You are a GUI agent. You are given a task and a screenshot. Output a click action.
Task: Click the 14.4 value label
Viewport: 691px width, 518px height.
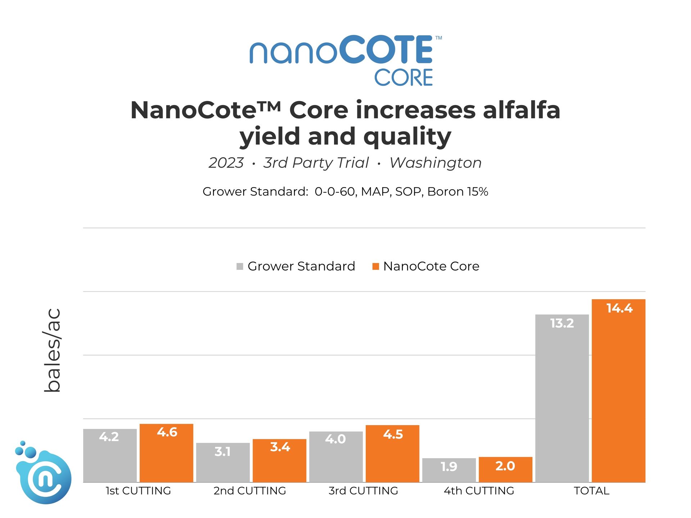pyautogui.click(x=619, y=308)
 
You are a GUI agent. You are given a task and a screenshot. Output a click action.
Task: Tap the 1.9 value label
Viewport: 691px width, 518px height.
pyautogui.click(x=449, y=467)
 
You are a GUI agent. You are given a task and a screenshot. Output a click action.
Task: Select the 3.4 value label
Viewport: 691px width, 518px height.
pyautogui.click(x=280, y=447)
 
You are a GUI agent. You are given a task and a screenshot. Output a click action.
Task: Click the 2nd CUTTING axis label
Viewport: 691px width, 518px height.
pyautogui.click(x=250, y=491)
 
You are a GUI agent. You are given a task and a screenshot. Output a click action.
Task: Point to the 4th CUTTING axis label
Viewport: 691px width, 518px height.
pyautogui.click(x=479, y=491)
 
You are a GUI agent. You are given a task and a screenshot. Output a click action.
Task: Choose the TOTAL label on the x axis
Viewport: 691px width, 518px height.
pyautogui.click(x=591, y=491)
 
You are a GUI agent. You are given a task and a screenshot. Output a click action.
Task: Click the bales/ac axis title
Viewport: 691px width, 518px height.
pyautogui.click(x=53, y=350)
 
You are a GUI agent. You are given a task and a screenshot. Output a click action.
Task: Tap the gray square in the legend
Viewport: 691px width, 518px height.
pyautogui.click(x=240, y=267)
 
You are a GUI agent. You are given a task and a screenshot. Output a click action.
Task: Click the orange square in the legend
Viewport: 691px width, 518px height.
pyautogui.click(x=376, y=267)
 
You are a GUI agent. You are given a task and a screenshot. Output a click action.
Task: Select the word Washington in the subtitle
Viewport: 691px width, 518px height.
pyautogui.click(x=435, y=163)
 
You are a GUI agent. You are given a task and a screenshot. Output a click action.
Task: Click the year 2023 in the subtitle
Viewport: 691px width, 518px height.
pyautogui.click(x=226, y=163)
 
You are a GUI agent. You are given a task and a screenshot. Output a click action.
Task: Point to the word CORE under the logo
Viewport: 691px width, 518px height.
pyautogui.click(x=403, y=78)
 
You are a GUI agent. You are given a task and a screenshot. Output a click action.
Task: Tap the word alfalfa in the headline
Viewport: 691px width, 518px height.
pyautogui.click(x=521, y=110)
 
